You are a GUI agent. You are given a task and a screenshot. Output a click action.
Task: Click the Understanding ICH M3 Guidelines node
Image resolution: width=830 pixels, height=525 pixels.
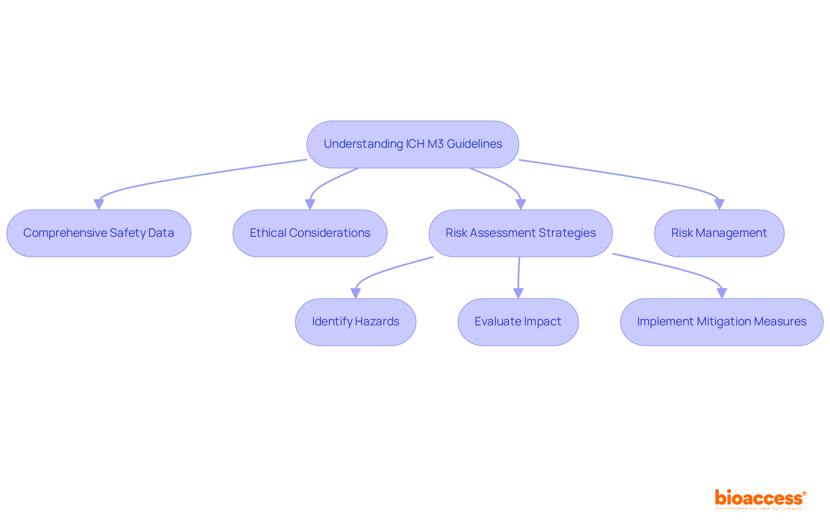click(x=412, y=144)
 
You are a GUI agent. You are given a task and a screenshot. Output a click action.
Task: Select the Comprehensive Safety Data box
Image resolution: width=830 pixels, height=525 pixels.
click(x=99, y=233)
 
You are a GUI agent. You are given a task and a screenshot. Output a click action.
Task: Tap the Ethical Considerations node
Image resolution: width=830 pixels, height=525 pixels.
click(x=310, y=233)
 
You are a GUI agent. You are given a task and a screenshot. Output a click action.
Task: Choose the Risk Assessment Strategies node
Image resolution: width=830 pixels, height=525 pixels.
click(x=520, y=233)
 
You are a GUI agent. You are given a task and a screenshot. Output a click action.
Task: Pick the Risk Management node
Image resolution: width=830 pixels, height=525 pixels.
click(x=719, y=233)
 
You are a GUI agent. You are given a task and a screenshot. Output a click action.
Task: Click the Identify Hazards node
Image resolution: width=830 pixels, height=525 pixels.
click(x=355, y=322)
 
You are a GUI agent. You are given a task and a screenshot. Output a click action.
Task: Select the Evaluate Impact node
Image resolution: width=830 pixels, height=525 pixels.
click(x=518, y=322)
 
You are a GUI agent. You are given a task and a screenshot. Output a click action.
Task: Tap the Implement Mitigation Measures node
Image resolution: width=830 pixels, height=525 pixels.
click(x=721, y=322)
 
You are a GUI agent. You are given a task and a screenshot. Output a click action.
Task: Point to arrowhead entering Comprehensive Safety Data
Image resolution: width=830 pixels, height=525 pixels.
click(x=99, y=204)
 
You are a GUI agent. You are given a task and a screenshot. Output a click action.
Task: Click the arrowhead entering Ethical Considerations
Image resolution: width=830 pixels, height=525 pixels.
click(x=310, y=204)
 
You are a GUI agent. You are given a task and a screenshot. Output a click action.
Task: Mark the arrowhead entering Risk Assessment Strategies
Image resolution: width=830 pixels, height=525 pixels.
click(x=520, y=204)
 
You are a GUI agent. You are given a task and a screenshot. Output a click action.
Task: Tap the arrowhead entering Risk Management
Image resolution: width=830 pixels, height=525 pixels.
click(x=719, y=204)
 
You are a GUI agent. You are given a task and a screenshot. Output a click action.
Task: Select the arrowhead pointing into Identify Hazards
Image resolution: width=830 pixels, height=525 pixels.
click(x=356, y=293)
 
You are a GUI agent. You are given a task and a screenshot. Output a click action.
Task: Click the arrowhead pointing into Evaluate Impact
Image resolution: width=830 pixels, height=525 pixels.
click(x=518, y=293)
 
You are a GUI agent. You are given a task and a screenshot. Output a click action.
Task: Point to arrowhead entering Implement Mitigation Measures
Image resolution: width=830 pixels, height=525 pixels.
click(x=721, y=293)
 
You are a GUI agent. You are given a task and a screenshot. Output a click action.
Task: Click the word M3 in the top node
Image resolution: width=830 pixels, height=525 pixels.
click(x=435, y=144)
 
